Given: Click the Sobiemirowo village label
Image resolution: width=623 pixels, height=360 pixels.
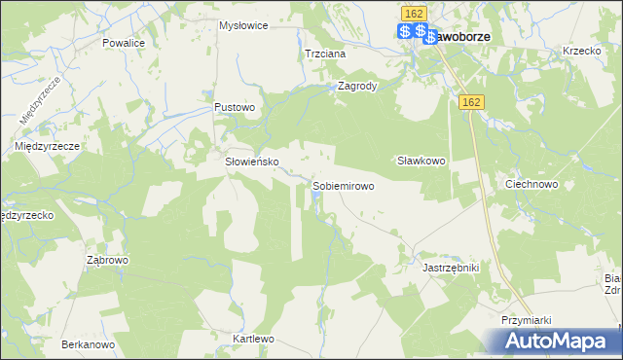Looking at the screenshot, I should pos(343,185).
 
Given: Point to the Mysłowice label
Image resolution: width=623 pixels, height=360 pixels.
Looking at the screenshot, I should pos(243,25).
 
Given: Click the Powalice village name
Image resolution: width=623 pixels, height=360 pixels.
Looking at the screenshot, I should pos(123,44).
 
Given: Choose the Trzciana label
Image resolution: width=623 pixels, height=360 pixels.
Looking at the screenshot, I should pos(325,54).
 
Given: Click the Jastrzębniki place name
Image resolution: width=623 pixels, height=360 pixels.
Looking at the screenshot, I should pos(451,266).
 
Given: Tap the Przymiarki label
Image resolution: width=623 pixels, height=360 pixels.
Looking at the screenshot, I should pos(527,320).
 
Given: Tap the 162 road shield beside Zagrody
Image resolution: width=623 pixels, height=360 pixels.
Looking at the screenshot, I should pos(473,102).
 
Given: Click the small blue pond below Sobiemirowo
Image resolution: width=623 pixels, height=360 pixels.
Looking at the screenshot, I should pos(317,201).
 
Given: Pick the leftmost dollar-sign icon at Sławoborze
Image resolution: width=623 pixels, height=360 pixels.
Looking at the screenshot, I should pos(405,32).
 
